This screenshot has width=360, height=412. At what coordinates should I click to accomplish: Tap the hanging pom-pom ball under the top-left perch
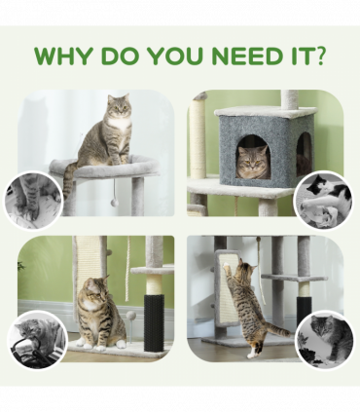click(x=114, y=202)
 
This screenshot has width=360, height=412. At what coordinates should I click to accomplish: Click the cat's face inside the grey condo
click(x=252, y=160)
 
